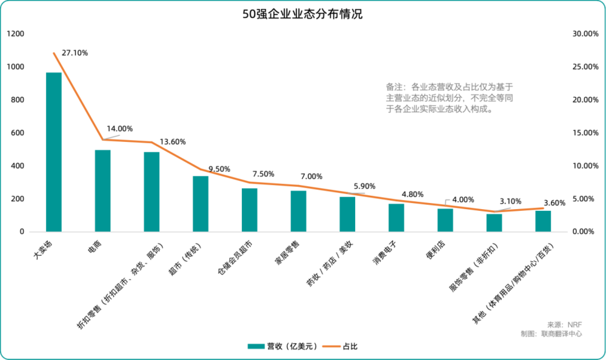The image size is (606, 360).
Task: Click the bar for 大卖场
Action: (54, 152)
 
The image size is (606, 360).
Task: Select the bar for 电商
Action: (102, 191)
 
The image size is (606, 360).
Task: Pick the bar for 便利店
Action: (445, 220)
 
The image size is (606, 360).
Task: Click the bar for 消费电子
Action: (396, 218)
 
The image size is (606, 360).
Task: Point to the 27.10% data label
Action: (75, 53)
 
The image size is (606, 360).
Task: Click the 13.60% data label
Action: (173, 142)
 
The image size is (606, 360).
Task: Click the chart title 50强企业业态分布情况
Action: (302, 14)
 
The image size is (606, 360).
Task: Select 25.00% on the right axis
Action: (585, 67)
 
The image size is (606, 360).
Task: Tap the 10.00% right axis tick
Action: (585, 166)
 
